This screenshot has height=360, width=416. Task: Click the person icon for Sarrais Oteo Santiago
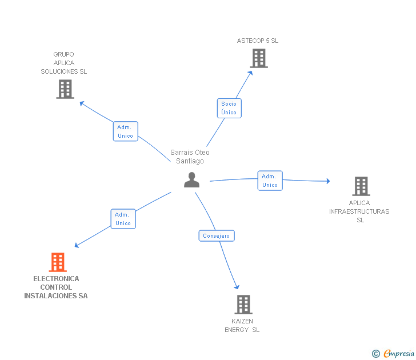tap(192, 179)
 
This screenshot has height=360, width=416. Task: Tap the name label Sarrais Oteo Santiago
tap(190, 157)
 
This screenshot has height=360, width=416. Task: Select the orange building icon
tap(57, 262)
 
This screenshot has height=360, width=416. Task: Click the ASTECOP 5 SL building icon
tap(258, 58)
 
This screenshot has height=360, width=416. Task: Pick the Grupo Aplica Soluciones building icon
tap(65, 89)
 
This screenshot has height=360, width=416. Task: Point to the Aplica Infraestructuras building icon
tap(361, 186)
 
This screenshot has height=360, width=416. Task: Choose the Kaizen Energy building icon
tap(243, 305)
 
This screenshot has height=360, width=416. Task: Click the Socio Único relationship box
tap(229, 108)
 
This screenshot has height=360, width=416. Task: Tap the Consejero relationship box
tap(217, 235)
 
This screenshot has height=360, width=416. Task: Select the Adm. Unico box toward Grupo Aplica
tap(125, 131)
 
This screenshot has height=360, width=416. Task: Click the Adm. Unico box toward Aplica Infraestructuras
tap(270, 181)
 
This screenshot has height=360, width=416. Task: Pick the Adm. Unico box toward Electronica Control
tap(123, 219)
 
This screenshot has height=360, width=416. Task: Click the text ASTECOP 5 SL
tap(258, 41)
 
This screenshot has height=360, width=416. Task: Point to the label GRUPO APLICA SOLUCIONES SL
tap(64, 63)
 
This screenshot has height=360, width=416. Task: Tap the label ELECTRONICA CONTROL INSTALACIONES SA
tap(56, 287)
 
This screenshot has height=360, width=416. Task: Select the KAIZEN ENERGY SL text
tap(242, 326)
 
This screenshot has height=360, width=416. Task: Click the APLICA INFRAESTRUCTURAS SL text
tap(359, 211)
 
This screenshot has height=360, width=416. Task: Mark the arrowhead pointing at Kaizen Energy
tap(237, 287)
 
